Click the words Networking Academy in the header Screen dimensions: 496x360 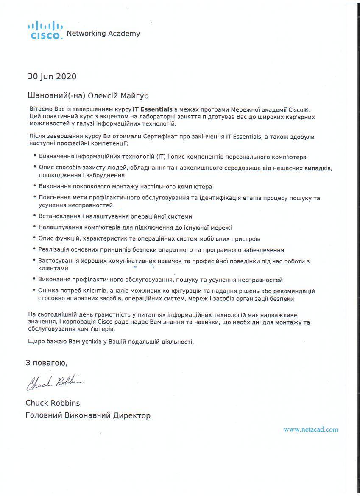pos(103,34)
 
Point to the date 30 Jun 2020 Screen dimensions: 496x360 pos(52,77)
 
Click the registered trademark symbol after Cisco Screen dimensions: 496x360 pos(307,109)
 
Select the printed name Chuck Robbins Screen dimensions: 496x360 pos(53,403)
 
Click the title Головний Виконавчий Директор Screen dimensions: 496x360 pos(88,415)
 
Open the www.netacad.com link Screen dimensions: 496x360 pos(311,429)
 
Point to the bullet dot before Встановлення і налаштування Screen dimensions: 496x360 pos(34,216)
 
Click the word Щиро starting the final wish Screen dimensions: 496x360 pos(35,342)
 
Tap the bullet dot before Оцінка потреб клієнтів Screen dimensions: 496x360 pos(34,291)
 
